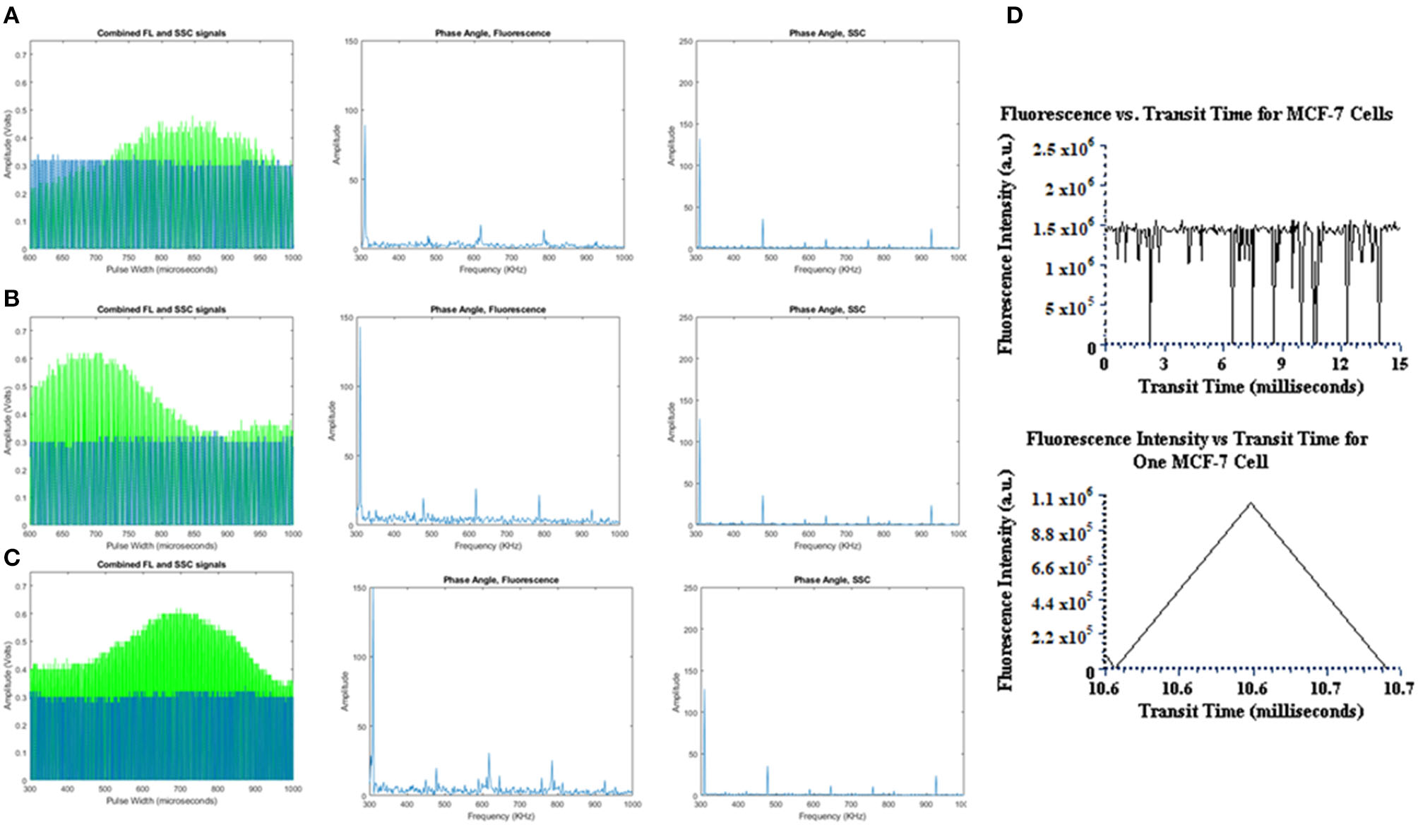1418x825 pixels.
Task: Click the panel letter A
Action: (x=11, y=16)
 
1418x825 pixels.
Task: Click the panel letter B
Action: (x=11, y=299)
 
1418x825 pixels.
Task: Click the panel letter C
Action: (x=11, y=558)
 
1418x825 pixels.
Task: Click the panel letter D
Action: (x=1014, y=16)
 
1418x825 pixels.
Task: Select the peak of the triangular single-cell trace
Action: (x=1251, y=503)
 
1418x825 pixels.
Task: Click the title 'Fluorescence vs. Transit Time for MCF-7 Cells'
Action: (x=1196, y=114)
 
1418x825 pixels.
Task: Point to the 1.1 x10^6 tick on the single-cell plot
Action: (x=1061, y=499)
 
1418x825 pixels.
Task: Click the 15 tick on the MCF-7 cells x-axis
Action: (x=1399, y=364)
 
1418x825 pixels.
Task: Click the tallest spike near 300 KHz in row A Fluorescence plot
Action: (x=364, y=127)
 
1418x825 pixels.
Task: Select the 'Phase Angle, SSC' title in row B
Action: (x=827, y=309)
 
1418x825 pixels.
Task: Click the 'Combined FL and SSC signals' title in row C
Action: (x=161, y=564)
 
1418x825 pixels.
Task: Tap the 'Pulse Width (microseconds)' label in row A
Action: (x=161, y=269)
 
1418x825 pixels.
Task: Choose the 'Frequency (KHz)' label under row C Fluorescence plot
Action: (x=501, y=816)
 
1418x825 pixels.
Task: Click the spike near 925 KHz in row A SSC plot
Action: (x=931, y=230)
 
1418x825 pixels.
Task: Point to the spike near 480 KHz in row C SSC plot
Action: (x=768, y=768)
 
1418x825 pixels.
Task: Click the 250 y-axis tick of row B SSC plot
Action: (x=685, y=318)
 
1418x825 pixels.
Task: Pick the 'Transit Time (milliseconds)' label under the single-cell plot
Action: (x=1251, y=711)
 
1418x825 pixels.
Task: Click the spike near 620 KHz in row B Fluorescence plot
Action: (x=475, y=490)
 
